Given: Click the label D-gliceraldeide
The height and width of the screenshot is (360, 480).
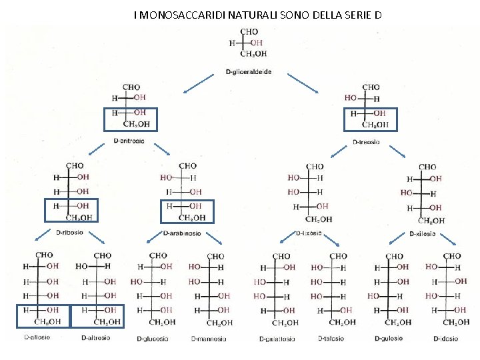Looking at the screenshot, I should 247,72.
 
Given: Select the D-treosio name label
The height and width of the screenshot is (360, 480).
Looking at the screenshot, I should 366,141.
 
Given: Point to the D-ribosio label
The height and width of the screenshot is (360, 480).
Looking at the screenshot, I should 69,233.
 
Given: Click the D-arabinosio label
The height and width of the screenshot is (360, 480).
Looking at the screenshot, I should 182,233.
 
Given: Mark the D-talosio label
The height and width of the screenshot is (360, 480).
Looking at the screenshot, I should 333,339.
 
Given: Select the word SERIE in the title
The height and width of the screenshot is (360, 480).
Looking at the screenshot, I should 355,14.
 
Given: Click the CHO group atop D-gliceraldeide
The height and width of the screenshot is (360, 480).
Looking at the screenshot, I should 249,31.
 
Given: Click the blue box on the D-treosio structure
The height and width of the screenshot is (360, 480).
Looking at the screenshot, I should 370,119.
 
